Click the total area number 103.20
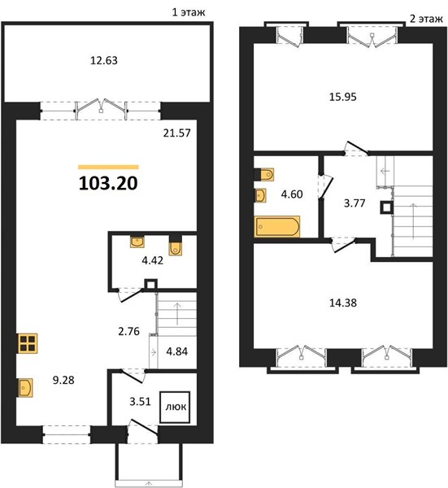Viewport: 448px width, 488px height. click(x=108, y=183)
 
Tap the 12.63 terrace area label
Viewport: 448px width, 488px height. click(x=104, y=60)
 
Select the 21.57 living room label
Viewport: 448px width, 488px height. click(x=176, y=133)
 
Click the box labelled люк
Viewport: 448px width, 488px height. click(x=175, y=407)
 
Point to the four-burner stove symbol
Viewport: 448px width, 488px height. click(x=28, y=343)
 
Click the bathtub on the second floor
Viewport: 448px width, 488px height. click(x=277, y=227)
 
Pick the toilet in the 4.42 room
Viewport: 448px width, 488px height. click(x=176, y=245)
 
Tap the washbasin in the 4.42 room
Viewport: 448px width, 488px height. click(x=137, y=242)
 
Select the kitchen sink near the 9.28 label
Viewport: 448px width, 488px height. click(x=25, y=387)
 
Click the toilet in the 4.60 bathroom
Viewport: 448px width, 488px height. click(x=264, y=175)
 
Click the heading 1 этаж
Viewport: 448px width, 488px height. click(x=189, y=12)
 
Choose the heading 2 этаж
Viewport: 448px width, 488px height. click(x=426, y=19)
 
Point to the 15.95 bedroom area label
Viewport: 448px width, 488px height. click(x=343, y=97)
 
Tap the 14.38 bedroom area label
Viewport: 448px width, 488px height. click(x=343, y=303)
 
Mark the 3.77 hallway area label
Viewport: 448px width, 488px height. click(x=354, y=203)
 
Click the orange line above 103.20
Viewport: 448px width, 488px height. click(x=108, y=167)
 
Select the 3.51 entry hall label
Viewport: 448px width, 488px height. click(x=140, y=402)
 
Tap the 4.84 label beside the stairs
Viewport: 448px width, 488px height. click(x=176, y=351)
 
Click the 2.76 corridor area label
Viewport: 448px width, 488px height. click(x=128, y=332)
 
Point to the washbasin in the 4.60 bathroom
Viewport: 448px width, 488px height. click(x=260, y=195)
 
